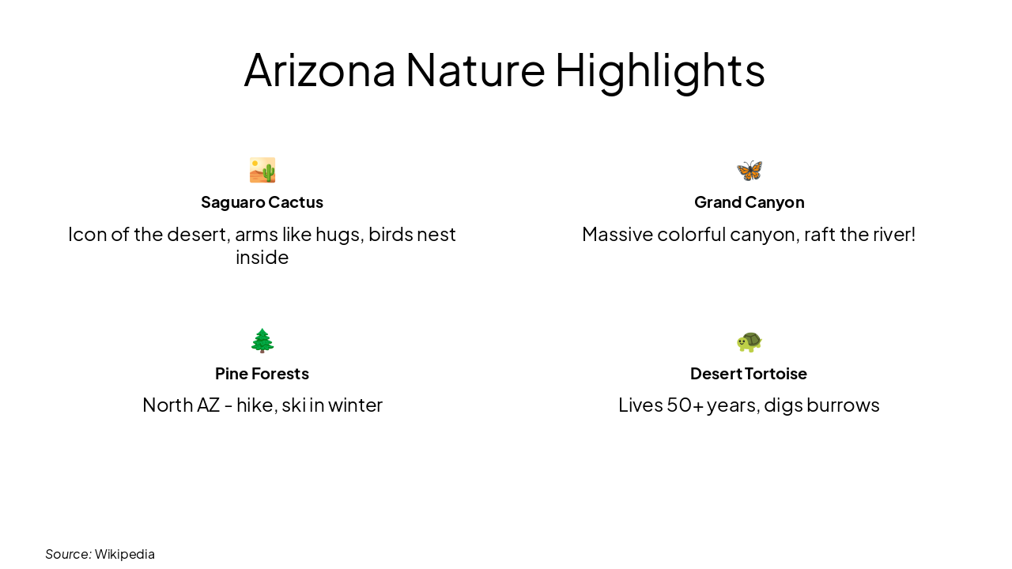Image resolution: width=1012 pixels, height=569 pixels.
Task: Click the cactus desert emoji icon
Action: pyautogui.click(x=262, y=170)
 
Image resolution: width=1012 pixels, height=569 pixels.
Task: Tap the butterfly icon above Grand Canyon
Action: pyautogui.click(x=749, y=170)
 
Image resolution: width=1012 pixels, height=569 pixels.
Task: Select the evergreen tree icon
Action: pyautogui.click(x=262, y=341)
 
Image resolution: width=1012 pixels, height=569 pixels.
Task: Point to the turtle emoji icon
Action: pyautogui.click(x=749, y=341)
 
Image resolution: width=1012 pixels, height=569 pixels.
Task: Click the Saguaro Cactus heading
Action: pyautogui.click(x=262, y=202)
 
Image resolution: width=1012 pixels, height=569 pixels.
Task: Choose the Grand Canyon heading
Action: pyautogui.click(x=749, y=202)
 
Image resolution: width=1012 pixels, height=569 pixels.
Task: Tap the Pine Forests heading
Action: pyautogui.click(x=262, y=373)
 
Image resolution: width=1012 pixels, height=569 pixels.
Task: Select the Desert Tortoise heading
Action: pyautogui.click(x=748, y=373)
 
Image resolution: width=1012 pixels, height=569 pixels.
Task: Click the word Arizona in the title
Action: pyautogui.click(x=319, y=70)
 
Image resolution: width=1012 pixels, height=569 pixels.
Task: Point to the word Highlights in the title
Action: pyautogui.click(x=659, y=70)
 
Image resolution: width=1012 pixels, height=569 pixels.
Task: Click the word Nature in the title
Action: pyautogui.click(x=475, y=70)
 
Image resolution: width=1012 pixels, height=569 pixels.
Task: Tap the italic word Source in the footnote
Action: pyautogui.click(x=68, y=554)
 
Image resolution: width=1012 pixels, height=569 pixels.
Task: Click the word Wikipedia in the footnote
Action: pyautogui.click(x=125, y=554)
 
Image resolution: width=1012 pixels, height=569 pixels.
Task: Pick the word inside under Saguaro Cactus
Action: pyautogui.click(x=262, y=258)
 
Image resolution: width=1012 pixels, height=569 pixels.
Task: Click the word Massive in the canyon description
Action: pyautogui.click(x=617, y=235)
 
